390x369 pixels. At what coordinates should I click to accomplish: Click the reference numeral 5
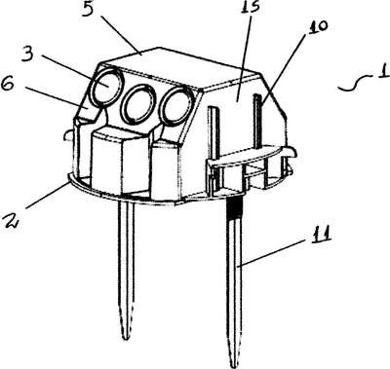tap(88, 10)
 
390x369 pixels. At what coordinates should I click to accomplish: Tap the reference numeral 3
tap(29, 55)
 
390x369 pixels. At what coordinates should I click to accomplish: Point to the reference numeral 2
tap(10, 218)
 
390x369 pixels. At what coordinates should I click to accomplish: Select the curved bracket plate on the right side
tap(252, 157)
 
